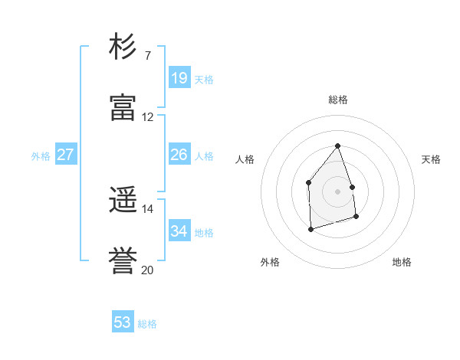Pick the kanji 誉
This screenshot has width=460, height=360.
[x=123, y=261]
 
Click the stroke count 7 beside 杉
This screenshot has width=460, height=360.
[x=147, y=56]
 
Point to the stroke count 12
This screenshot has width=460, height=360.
[x=147, y=117]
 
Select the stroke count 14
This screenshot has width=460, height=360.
[x=147, y=209]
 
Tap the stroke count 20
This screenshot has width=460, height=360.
[x=147, y=270]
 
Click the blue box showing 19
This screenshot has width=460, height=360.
[x=179, y=77]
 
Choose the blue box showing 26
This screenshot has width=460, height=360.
[x=179, y=155]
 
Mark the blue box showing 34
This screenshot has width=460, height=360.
[x=179, y=231]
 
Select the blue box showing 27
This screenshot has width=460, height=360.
[x=65, y=155]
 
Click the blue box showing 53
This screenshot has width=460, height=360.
[x=123, y=322]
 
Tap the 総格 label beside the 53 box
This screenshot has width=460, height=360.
[x=147, y=324]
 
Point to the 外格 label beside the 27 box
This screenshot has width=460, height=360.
[x=41, y=156]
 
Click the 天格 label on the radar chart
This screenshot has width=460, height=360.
[x=432, y=159]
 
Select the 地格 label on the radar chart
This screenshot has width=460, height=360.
[x=402, y=263]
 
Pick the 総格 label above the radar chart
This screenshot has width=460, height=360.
[x=338, y=100]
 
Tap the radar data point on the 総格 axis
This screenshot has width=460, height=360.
[x=337, y=146]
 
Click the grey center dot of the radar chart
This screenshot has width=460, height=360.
[x=337, y=191]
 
